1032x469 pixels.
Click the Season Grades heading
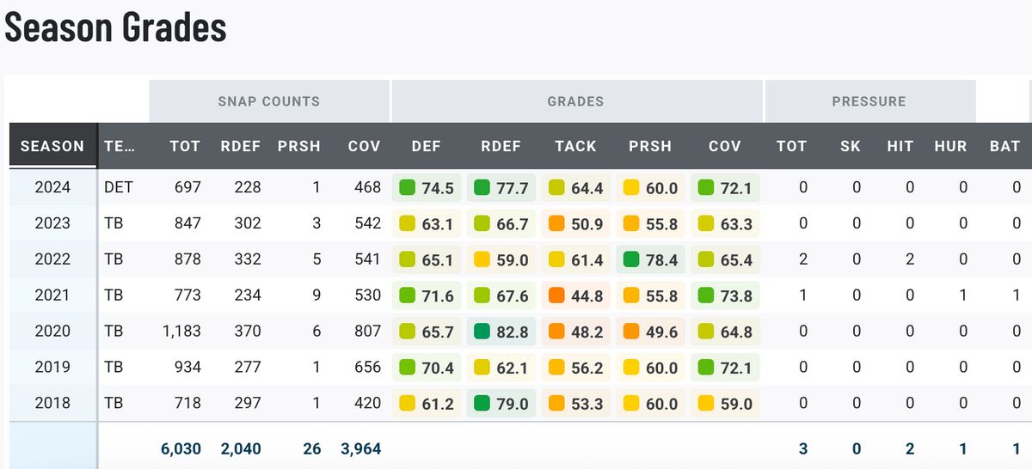115,27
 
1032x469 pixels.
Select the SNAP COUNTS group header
268,101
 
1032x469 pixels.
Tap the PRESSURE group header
869,101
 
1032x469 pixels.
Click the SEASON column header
52,146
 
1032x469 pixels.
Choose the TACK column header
575,146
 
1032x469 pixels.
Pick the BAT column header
1004,146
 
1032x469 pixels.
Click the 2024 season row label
52,187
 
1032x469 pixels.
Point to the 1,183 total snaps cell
181,331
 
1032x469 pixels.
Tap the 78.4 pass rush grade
660,259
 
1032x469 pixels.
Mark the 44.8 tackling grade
586,295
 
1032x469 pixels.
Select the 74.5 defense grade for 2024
436,187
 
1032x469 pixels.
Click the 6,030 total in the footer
181,448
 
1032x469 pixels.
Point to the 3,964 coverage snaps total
359,448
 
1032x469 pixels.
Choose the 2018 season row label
52,403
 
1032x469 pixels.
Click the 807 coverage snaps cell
367,331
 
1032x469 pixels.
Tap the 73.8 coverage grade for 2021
734,295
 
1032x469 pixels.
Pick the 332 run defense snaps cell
248,259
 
